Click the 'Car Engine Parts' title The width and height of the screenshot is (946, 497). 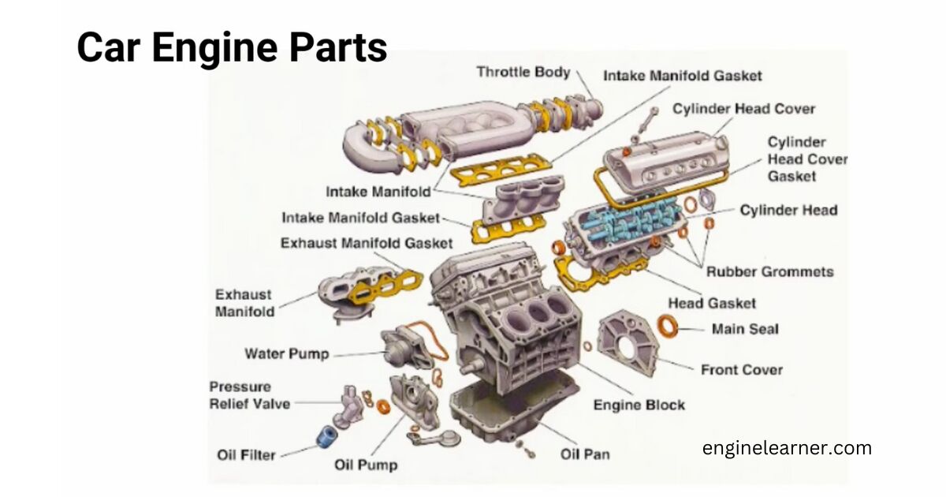pos(232,47)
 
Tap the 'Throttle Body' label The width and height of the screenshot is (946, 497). pos(523,72)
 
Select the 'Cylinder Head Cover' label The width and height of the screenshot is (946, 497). pos(743,109)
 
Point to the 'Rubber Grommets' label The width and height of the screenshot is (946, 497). pos(769,271)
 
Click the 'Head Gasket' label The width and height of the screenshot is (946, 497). pos(711,303)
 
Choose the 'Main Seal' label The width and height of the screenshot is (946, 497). pos(744,328)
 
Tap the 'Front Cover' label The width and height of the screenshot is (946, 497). pos(741,369)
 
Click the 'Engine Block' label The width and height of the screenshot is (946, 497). pos(639,405)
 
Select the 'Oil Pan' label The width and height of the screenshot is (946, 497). pos(584,454)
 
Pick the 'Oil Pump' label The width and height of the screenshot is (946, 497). pos(366,465)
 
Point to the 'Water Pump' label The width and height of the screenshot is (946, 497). pos(286,353)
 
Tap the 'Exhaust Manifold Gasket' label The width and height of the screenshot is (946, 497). pos(367,243)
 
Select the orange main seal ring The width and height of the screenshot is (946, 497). pos(669,324)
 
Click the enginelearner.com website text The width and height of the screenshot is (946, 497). pos(787,448)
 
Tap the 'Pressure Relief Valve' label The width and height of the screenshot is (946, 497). pos(249,395)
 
